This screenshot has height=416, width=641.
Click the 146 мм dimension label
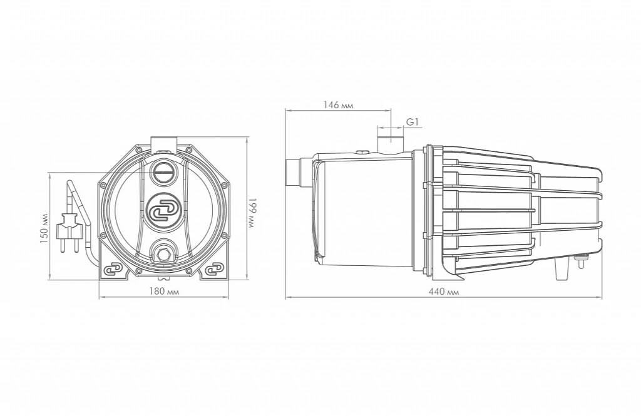(x=339, y=105)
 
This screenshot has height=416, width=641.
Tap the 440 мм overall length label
(x=444, y=292)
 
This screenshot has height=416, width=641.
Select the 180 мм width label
(x=164, y=292)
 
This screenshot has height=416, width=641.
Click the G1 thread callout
(x=412, y=122)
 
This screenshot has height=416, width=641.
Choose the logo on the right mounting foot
(x=215, y=270)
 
